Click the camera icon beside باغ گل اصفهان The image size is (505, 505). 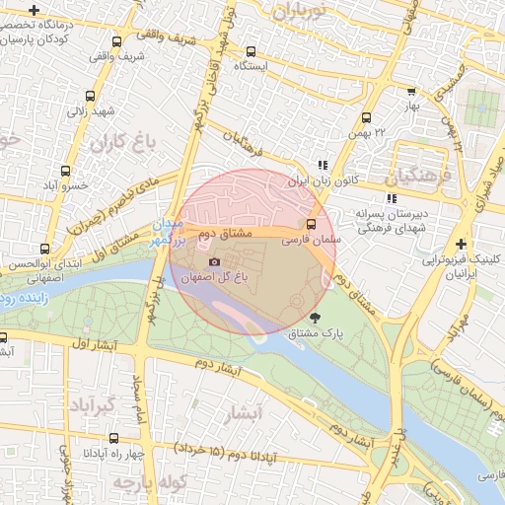215,261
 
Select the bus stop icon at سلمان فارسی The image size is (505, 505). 312,224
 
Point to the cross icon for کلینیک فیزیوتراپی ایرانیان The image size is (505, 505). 462,244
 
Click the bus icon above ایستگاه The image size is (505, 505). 251,51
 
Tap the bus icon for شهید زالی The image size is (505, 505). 91,97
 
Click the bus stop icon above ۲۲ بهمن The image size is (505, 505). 367,117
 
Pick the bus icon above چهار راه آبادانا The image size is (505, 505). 113,438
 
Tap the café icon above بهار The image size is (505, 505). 411,91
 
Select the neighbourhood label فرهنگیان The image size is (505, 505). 424,178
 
